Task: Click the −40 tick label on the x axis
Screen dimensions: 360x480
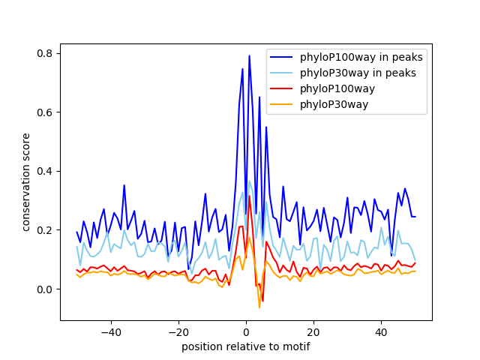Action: click(110, 331)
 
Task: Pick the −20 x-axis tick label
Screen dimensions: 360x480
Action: click(178, 331)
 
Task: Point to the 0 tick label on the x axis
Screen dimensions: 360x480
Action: click(246, 331)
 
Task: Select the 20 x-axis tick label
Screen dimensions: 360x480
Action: click(313, 331)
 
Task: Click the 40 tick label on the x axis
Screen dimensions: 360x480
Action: click(381, 331)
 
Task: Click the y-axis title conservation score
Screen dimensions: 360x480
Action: click(26, 182)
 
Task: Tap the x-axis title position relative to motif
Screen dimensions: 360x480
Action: click(245, 346)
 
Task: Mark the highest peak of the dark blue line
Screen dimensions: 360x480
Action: click(249, 55)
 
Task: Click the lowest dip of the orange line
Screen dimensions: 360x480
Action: click(259, 307)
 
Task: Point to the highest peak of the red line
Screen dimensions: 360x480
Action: click(249, 196)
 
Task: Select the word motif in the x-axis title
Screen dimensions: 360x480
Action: click(295, 346)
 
